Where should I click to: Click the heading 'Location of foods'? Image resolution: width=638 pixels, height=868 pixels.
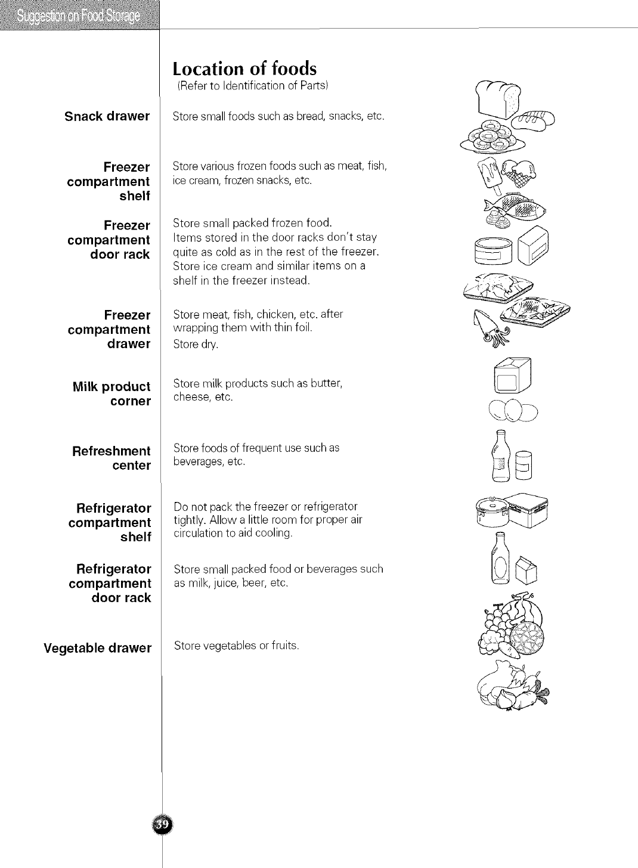244,68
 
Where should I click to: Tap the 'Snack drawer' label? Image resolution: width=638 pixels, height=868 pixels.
107,116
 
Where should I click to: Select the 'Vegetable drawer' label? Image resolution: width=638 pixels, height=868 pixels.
98,648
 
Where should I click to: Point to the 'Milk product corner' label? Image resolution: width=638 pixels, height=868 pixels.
112,393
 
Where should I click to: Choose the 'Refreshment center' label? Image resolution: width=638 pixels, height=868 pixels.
112,458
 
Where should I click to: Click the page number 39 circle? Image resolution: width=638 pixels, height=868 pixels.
162,824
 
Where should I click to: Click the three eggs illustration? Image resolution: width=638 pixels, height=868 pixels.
512,410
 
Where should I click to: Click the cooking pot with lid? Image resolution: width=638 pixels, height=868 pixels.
491,511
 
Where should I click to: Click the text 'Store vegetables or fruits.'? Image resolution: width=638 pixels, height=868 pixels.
236,646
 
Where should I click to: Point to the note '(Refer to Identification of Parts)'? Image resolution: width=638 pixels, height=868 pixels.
253,87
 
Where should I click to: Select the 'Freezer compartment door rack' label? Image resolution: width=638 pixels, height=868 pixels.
109,240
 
